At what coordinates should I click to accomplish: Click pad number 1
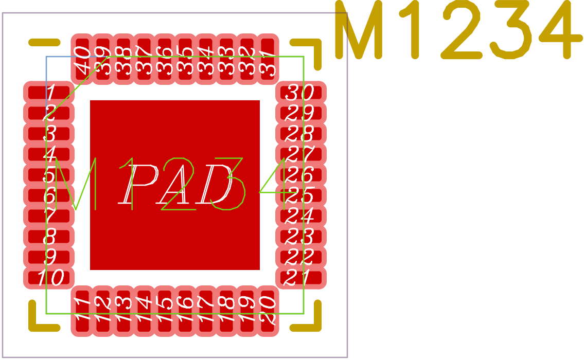(x=49, y=93)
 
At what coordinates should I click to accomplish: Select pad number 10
(x=49, y=278)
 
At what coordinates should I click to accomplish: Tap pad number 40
(x=82, y=59)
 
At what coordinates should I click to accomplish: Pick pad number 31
(x=268, y=59)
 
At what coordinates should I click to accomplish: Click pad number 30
(x=301, y=93)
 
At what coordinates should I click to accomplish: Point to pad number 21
(x=301, y=278)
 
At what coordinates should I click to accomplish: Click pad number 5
(x=49, y=175)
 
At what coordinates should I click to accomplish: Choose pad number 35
(x=185, y=59)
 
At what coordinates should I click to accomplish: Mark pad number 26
(x=301, y=175)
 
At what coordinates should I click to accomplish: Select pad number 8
(x=49, y=237)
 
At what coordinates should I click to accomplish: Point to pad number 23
(x=301, y=237)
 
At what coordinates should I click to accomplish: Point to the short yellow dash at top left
(x=44, y=42)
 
